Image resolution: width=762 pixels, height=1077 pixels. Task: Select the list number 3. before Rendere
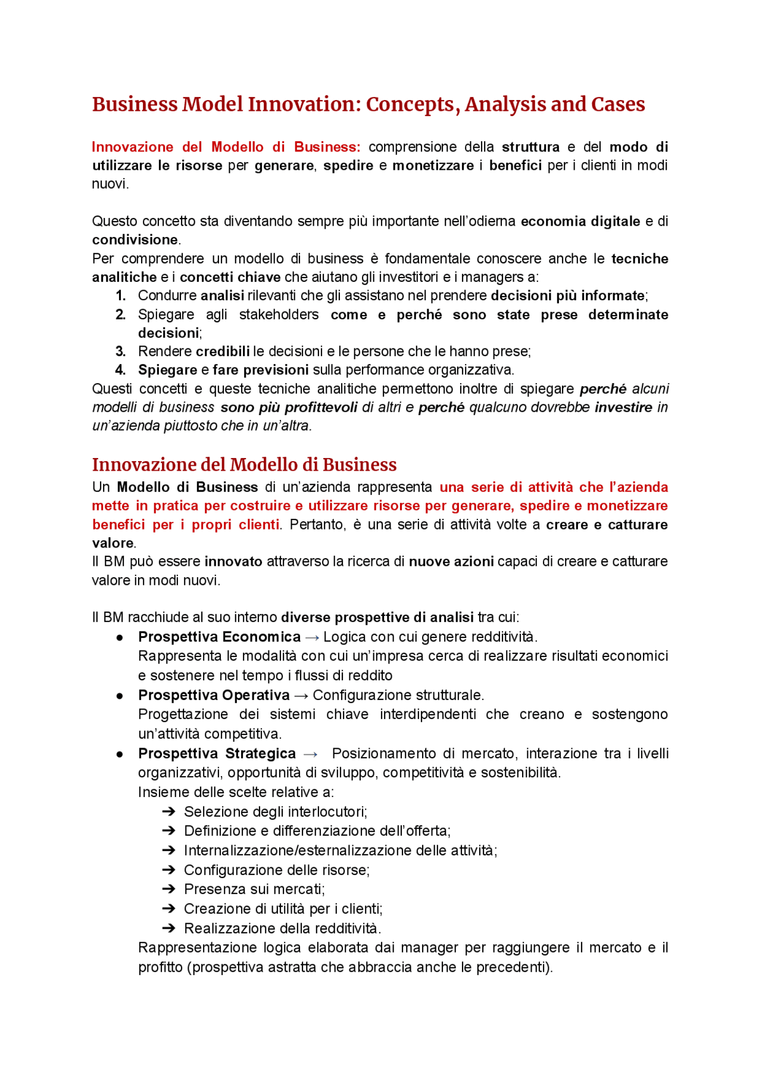[x=120, y=351]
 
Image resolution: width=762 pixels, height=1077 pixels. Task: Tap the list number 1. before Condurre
[x=120, y=295]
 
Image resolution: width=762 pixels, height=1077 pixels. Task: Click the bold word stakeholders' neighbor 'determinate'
[x=627, y=315]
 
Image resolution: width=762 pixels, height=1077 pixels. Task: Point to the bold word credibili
[x=223, y=351]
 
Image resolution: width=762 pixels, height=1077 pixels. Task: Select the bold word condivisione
[x=135, y=240]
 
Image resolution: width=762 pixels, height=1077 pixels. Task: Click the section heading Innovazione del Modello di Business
[x=244, y=465]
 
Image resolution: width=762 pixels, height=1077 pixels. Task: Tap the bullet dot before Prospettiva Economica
[x=120, y=637]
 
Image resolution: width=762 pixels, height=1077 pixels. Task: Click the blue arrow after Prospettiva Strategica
[x=310, y=754]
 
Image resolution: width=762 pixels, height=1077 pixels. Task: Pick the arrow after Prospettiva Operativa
[x=301, y=696]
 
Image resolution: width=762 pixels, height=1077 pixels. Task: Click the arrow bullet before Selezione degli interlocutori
[x=168, y=812]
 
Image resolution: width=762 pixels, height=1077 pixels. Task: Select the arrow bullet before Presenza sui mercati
[x=168, y=889]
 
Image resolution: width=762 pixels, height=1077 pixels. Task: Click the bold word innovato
[x=233, y=562]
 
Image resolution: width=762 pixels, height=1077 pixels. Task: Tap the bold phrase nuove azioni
[x=451, y=562]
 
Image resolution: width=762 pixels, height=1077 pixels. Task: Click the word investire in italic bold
[x=623, y=407]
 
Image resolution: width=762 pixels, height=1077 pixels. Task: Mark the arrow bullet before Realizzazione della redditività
[x=168, y=928]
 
